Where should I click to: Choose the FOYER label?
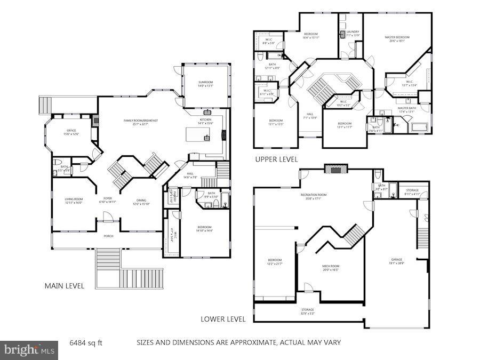pos(107,199)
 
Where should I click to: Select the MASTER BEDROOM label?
pos(397,37)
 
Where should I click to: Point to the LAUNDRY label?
pos(352,32)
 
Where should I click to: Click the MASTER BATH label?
pos(406,108)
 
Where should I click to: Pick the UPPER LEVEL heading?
pos(276,159)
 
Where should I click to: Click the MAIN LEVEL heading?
pos(64,286)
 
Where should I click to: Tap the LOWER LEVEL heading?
pos(223,319)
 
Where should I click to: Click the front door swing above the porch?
pos(108,217)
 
